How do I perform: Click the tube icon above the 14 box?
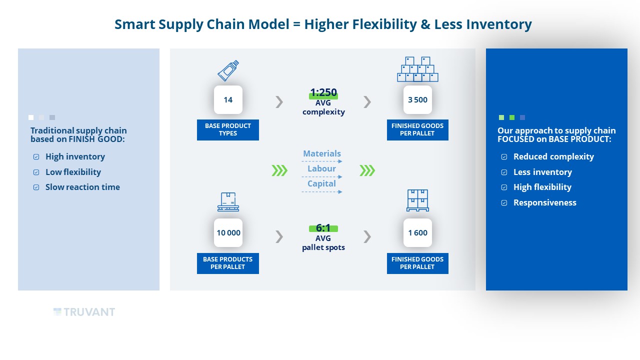228,70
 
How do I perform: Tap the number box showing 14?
228,99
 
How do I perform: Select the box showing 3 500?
417,99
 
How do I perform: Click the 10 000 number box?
228,233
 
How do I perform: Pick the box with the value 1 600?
417,233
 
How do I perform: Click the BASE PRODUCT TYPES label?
227,129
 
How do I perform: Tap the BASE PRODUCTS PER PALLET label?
227,263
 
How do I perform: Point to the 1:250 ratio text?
323,92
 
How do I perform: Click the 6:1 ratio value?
323,228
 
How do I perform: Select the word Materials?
322,153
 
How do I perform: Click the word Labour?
321,168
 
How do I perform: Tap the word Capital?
321,183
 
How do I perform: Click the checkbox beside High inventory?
36,156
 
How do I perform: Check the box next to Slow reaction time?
36,187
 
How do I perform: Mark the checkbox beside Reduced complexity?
504,156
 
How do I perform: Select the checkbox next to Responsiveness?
504,203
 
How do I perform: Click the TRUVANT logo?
84,312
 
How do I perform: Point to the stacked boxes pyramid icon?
417,69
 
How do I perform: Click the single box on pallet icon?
228,201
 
